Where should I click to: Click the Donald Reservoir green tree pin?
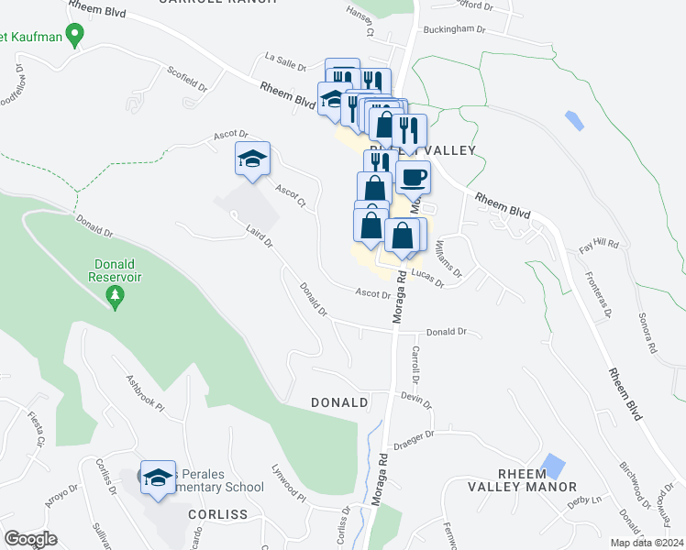click(115, 297)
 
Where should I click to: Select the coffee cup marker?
click(413, 175)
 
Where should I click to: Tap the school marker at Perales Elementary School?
click(158, 477)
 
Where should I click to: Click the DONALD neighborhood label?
click(339, 402)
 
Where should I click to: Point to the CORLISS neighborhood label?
click(218, 514)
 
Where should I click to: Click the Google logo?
click(30, 539)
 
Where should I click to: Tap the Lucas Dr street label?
click(427, 279)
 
